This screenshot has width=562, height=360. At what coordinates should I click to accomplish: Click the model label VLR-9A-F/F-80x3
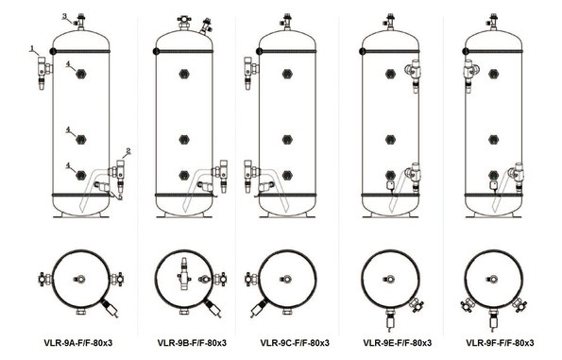tap(78, 343)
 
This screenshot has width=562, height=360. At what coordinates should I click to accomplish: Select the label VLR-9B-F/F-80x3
tap(192, 343)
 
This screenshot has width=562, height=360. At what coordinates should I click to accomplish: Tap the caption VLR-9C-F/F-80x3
tap(295, 343)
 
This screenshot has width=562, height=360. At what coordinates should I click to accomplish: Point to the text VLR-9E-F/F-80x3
tap(397, 343)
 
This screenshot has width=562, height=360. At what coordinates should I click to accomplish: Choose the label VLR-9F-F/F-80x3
tap(500, 343)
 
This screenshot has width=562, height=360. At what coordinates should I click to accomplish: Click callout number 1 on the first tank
tap(32, 47)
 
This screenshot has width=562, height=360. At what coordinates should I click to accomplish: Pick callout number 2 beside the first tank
tap(128, 151)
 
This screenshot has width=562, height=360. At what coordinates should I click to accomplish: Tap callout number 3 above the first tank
tap(65, 16)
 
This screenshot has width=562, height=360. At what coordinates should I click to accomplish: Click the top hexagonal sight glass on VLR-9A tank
tap(81, 74)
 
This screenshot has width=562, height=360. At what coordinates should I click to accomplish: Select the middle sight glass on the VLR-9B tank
tap(184, 140)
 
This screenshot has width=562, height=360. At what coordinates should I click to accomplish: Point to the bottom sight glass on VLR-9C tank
tap(287, 175)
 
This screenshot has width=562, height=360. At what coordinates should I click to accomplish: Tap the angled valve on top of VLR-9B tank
tap(206, 26)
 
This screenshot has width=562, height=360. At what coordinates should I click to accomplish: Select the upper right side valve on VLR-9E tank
tap(414, 76)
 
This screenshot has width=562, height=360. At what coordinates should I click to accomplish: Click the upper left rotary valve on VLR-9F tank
tap(470, 76)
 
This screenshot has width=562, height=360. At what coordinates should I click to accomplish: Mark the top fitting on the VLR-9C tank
tap(287, 23)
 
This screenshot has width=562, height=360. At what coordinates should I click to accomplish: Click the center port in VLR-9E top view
tap(389, 279)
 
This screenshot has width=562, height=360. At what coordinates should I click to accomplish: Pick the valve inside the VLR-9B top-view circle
tap(184, 273)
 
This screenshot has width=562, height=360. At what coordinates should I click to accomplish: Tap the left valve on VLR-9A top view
tap(46, 279)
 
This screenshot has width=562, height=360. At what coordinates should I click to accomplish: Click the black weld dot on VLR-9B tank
tap(156, 51)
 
